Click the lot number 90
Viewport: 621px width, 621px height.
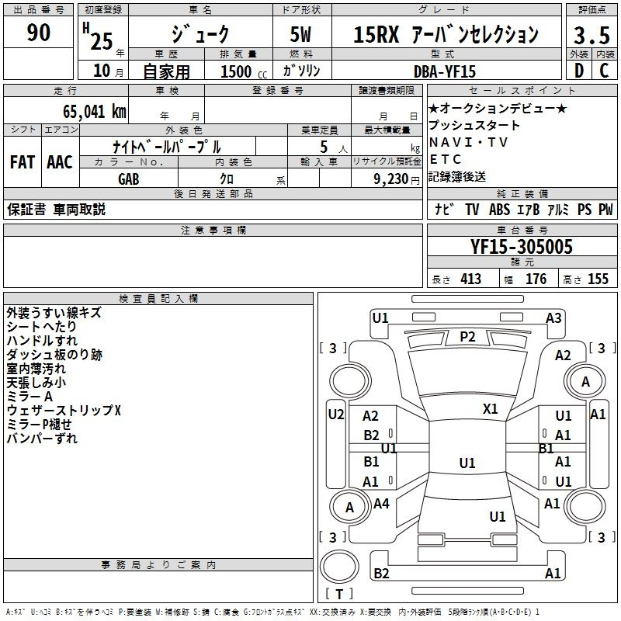pos(38,32)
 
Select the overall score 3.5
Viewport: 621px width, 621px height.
pos(592,35)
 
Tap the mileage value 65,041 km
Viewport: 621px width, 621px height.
pos(95,112)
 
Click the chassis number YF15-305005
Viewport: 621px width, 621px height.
pos(522,247)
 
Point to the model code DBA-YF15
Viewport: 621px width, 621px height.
pos(444,71)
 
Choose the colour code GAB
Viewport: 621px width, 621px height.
pos(129,179)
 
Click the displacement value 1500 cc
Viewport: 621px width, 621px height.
pos(244,71)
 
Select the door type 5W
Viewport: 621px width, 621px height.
pos(300,34)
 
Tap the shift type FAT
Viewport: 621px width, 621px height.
pos(23,162)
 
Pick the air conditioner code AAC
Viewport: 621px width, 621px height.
pos(60,162)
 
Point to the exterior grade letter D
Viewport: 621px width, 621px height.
pos(579,71)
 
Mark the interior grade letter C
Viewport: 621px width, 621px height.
pos(605,71)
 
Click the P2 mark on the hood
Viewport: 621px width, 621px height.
pos(467,337)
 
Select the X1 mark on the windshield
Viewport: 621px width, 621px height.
pos(490,408)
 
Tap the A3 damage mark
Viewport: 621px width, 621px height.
pos(553,318)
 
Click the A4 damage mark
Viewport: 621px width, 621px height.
pos(381,503)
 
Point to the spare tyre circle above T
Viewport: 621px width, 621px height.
pos(339,567)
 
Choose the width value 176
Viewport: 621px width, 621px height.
pos(536,279)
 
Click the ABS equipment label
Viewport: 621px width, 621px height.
pos(499,210)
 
